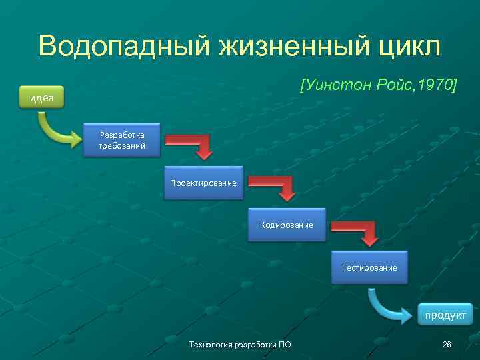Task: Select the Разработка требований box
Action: (x=122, y=139)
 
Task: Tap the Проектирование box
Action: (x=203, y=182)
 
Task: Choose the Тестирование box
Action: (x=369, y=267)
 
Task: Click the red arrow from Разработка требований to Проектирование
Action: (x=193, y=145)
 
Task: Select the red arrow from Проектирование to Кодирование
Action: (x=276, y=187)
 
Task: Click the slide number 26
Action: (x=447, y=343)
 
